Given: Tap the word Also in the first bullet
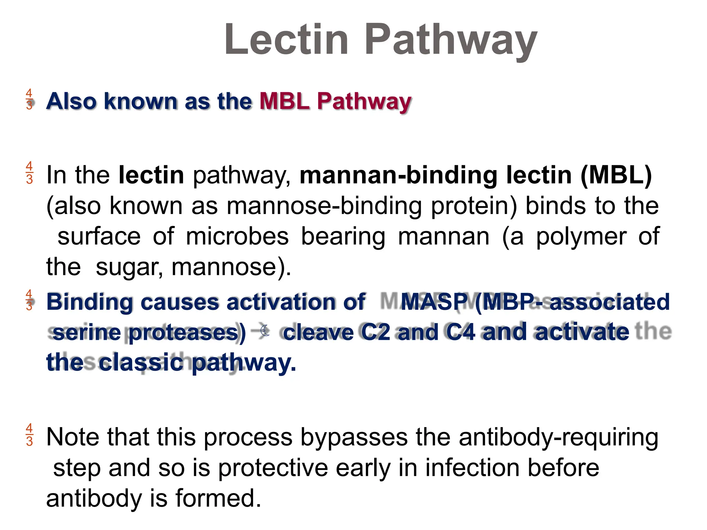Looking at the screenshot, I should click(x=71, y=101).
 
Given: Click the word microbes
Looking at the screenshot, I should click(x=237, y=236).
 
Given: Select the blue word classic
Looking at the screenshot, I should click(x=141, y=363).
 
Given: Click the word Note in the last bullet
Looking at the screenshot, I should click(x=72, y=437).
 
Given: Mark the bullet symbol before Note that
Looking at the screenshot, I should click(x=29, y=435).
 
